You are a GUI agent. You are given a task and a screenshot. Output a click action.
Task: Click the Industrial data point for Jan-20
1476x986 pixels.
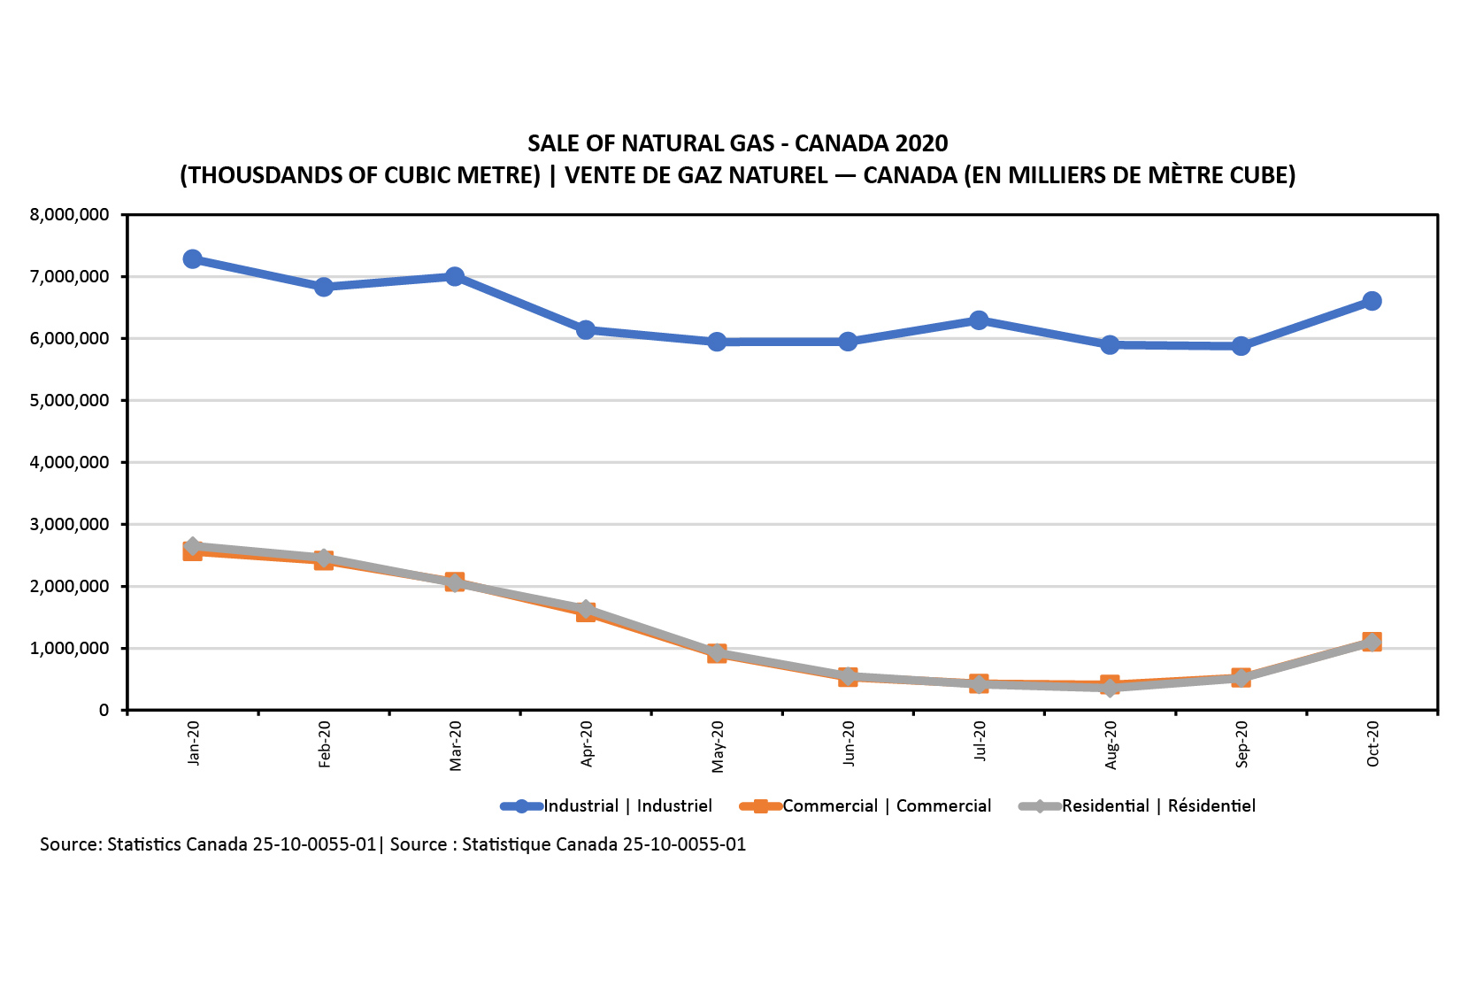click(x=192, y=259)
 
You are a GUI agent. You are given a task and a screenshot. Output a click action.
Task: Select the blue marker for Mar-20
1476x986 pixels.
click(x=455, y=277)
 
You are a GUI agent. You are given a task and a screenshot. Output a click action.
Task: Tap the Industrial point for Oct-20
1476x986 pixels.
click(x=1372, y=301)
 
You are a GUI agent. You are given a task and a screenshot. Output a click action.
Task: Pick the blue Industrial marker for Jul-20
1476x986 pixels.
click(x=979, y=320)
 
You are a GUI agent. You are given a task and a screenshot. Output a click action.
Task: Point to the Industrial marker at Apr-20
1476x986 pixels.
click(x=586, y=330)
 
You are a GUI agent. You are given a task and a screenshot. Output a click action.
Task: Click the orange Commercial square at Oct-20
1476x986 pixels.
click(x=1372, y=642)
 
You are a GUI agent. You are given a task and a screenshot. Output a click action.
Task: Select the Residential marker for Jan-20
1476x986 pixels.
click(x=192, y=546)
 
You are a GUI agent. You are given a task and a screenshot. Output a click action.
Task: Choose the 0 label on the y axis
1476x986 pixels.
click(x=104, y=711)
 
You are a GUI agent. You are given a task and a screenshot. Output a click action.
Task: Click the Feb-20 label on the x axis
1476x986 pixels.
click(x=325, y=743)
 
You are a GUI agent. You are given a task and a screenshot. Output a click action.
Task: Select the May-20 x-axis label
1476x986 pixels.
click(x=718, y=746)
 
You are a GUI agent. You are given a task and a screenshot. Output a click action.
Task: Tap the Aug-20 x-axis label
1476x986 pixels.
click(x=1111, y=744)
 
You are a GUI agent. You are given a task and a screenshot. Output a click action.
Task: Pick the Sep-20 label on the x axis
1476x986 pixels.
click(x=1242, y=743)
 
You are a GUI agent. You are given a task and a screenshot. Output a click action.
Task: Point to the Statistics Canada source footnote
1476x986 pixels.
click(x=393, y=844)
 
